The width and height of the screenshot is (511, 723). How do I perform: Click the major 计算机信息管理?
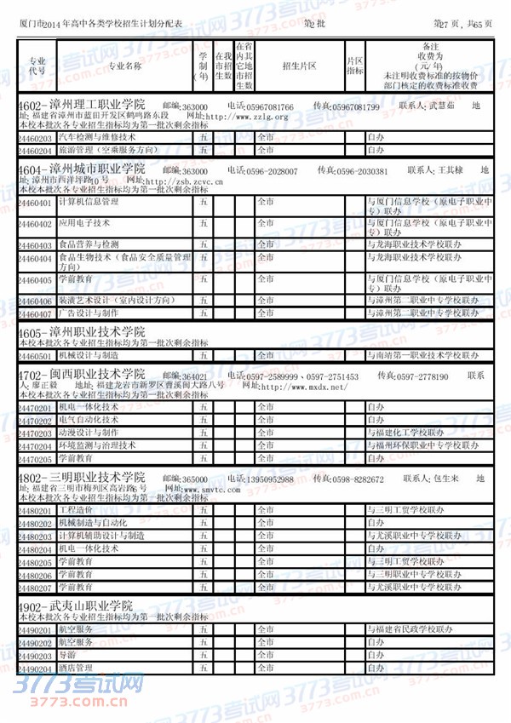point(89,203)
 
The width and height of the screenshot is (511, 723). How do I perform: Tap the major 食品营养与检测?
point(89,244)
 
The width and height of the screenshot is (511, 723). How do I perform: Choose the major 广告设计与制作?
point(89,314)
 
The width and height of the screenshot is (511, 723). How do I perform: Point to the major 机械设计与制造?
point(89,355)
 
